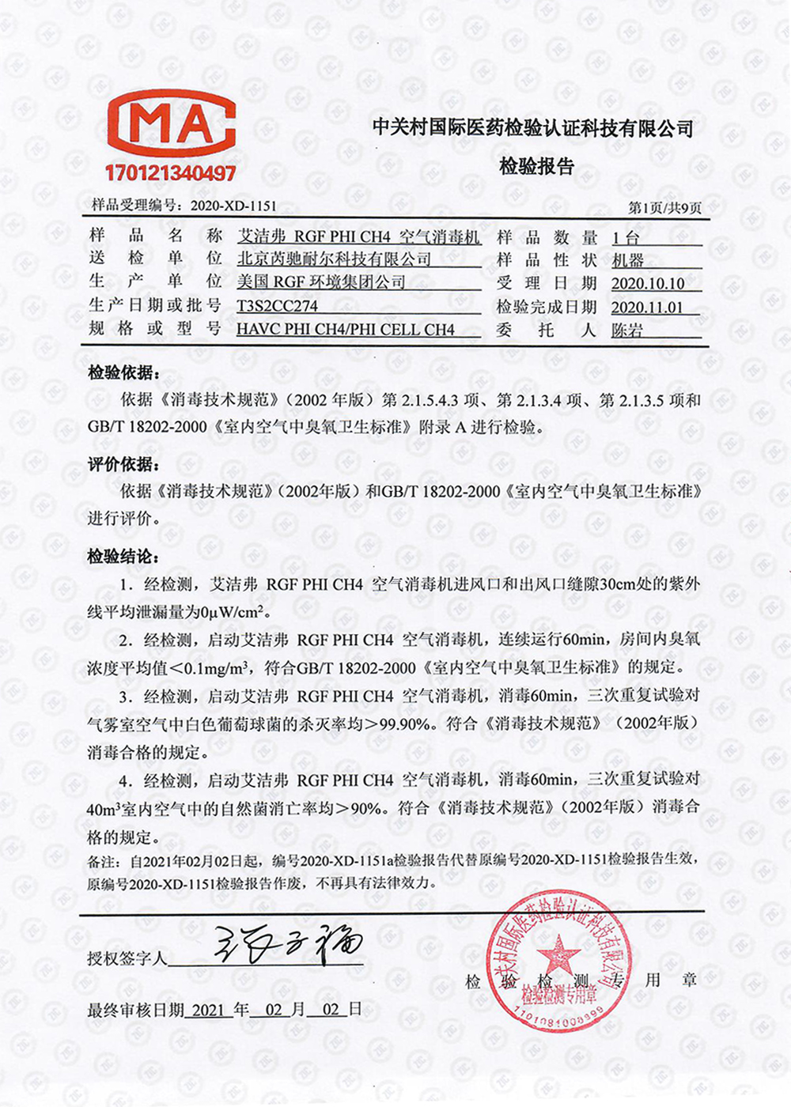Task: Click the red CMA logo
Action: click(x=171, y=126)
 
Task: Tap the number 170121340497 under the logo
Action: click(x=170, y=173)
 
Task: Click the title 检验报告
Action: click(x=536, y=167)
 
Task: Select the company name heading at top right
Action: click(x=532, y=128)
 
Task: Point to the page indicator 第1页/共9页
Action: click(x=664, y=208)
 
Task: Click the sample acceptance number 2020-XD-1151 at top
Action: click(x=233, y=206)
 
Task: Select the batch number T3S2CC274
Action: click(x=277, y=306)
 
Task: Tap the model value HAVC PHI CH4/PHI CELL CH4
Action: click(x=346, y=329)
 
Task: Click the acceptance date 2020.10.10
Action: click(x=648, y=283)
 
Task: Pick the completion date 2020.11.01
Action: click(x=648, y=307)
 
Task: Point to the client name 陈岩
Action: click(x=627, y=331)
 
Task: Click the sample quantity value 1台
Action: click(x=626, y=237)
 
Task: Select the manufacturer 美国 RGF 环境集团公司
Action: click(x=321, y=282)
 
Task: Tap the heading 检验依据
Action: click(x=123, y=372)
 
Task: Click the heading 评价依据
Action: click(x=123, y=464)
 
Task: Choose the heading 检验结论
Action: click(x=123, y=557)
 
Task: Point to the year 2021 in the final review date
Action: click(x=208, y=1010)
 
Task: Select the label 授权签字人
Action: click(x=127, y=959)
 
